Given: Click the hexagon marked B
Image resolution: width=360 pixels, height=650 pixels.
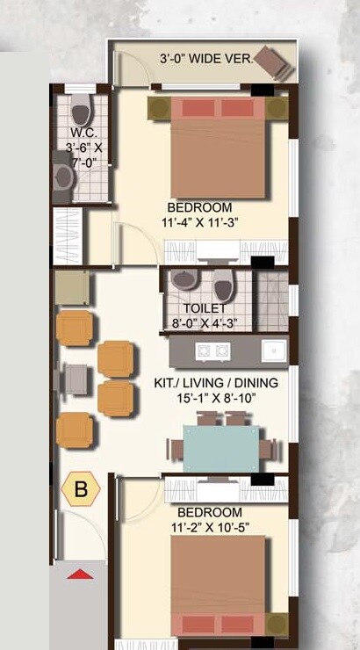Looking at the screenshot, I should coord(80,489).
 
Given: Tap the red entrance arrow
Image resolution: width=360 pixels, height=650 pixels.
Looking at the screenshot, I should coord(80,574).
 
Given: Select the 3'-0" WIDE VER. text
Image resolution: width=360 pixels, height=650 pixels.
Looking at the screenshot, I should coord(205,59).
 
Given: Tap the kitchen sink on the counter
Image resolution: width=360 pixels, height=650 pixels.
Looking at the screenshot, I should coord(275,350).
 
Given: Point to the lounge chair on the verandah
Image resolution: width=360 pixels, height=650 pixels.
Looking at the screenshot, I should coord(273,61).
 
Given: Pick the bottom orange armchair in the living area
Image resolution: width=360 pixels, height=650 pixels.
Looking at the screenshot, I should coord(75,430).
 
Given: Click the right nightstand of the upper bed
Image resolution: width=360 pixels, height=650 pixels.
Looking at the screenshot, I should coord(277,109).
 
